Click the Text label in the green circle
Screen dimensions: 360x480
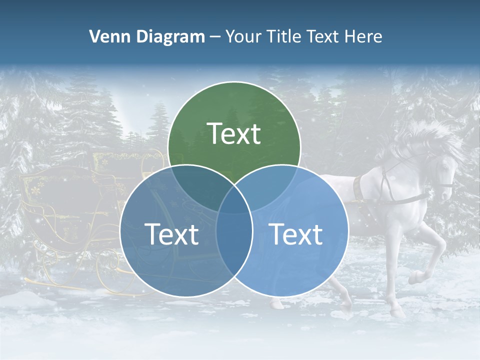click(x=234, y=133)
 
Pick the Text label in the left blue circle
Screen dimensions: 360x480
click(x=171, y=234)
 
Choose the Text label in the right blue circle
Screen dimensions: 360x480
click(x=295, y=234)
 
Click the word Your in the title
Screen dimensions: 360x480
click(x=241, y=36)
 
